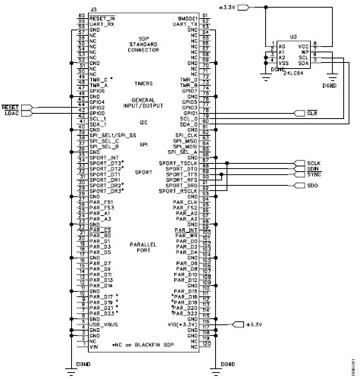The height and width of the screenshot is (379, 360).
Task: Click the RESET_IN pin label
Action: click(102, 17)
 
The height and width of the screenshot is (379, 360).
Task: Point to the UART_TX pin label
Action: click(186, 24)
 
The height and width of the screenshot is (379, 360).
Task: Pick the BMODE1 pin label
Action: click(186, 17)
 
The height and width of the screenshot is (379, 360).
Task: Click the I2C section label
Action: click(143, 119)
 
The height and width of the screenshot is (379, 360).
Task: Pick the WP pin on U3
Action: click(304, 52)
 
